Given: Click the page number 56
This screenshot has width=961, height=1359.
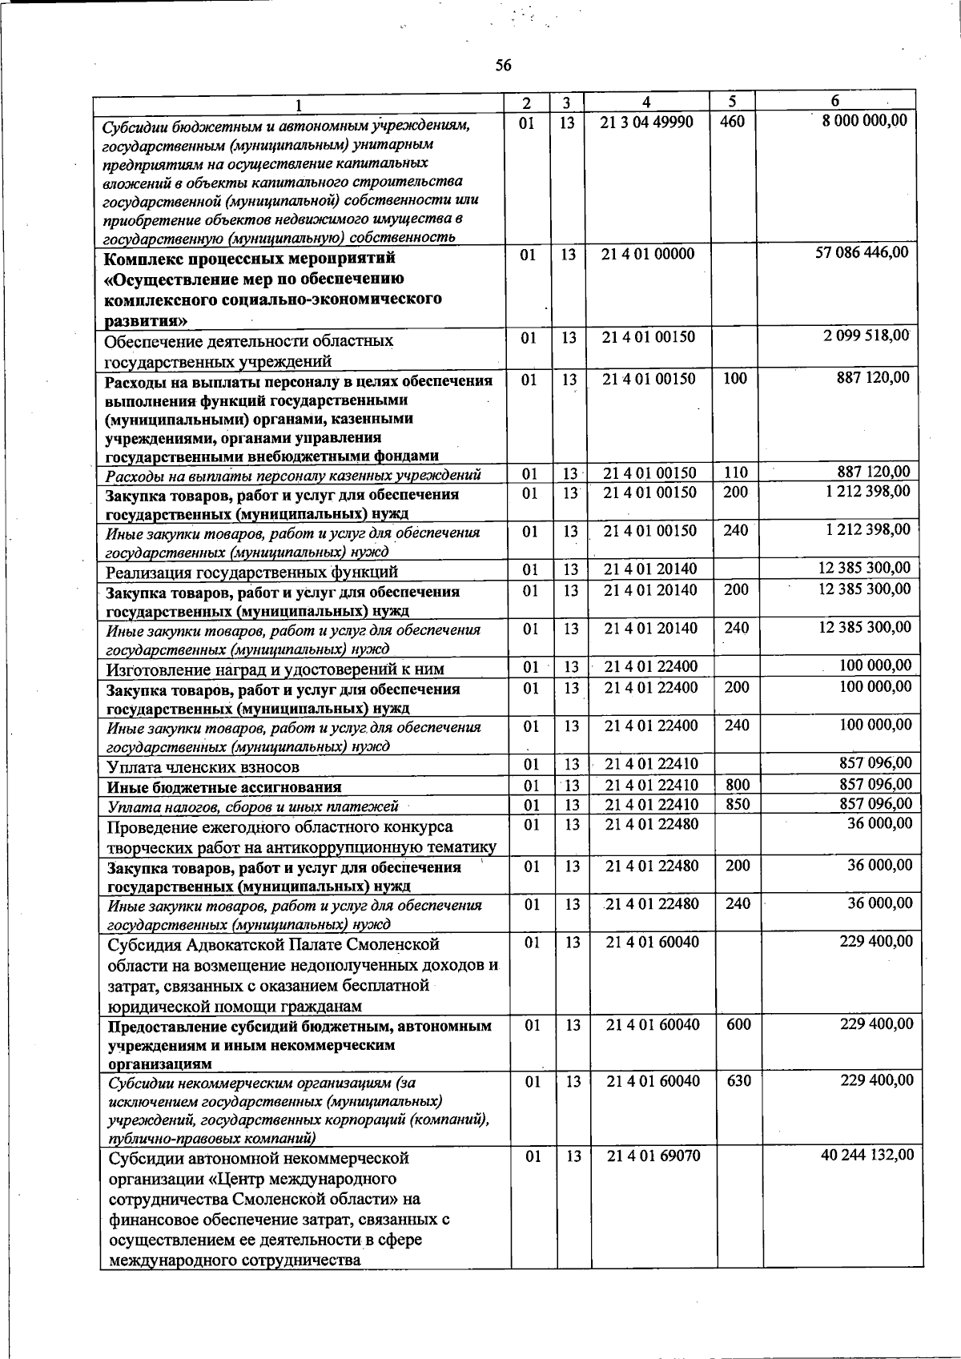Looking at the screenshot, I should [503, 66].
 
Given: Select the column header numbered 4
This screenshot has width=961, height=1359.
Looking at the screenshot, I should [646, 103].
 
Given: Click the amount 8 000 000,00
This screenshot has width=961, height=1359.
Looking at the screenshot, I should [860, 120].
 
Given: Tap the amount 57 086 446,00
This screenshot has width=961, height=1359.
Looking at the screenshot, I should [862, 252].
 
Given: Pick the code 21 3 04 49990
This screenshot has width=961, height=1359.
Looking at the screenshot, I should [647, 122].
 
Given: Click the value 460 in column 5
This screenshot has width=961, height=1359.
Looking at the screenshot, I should [732, 122].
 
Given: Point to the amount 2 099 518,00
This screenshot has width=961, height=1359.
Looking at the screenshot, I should [867, 336].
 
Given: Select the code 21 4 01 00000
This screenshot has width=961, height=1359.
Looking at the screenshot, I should [649, 254].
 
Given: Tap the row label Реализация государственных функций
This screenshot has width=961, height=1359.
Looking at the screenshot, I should [251, 572].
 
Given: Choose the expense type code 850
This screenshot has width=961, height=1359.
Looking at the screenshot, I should [738, 804].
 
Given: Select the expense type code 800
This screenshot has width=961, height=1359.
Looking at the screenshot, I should [738, 785].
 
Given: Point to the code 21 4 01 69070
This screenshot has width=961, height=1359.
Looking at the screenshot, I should [653, 1156].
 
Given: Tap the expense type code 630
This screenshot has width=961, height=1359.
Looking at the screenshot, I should [738, 1080].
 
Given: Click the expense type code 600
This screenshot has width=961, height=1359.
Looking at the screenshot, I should [738, 1023].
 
